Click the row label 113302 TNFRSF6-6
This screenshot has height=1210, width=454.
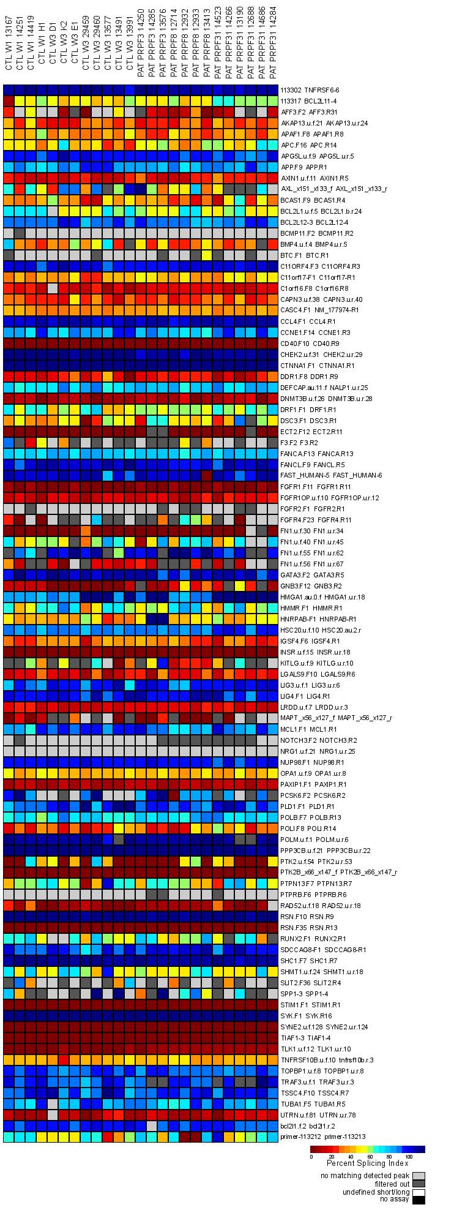(309, 90)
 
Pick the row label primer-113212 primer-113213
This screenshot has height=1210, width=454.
(318, 1137)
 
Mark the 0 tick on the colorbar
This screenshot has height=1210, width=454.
(311, 1156)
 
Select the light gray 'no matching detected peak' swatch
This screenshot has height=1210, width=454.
(419, 1176)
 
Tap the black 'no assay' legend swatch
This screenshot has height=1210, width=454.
(419, 1200)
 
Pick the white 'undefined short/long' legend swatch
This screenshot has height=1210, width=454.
(419, 1192)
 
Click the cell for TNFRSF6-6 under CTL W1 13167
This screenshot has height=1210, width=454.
(9, 90)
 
